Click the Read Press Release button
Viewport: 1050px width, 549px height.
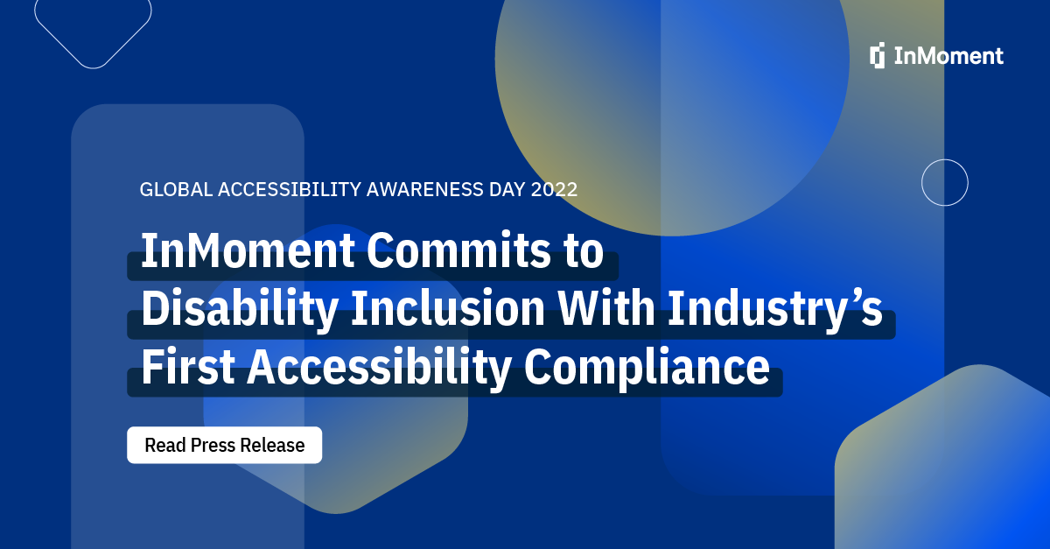click(224, 445)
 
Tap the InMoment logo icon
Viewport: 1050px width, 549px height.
click(878, 55)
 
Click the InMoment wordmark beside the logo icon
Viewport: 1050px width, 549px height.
click(948, 56)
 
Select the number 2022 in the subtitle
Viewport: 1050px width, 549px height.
click(554, 189)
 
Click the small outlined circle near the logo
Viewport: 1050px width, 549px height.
click(944, 183)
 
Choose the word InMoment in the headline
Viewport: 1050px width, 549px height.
click(248, 252)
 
